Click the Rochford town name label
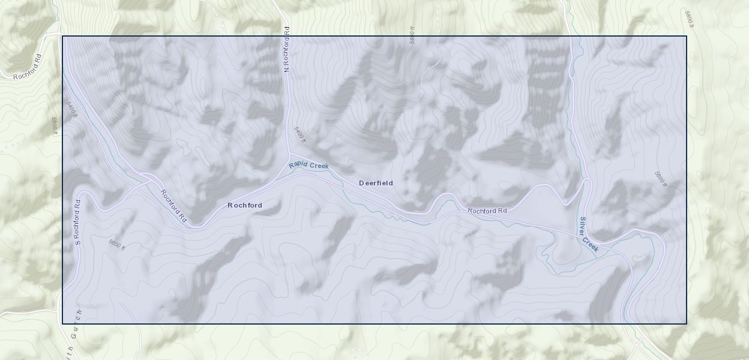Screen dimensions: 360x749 tap(244, 205)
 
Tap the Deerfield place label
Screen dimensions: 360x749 tap(376, 183)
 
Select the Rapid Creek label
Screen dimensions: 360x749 tap(308, 165)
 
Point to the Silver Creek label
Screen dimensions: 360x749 tap(588, 234)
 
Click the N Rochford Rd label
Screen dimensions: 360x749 tap(287, 50)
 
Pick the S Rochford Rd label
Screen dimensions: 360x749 tap(77, 221)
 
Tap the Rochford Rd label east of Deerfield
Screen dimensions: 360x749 tap(487, 211)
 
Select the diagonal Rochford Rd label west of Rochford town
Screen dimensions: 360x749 tap(173, 206)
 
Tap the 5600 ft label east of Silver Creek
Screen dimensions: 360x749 tap(660, 178)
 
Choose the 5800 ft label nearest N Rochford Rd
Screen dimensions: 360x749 tap(412, 35)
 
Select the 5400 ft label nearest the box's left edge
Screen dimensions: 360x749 tap(71, 110)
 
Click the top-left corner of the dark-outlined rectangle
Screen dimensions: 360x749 tap(63, 37)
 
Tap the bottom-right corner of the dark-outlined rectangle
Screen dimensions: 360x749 tap(686, 323)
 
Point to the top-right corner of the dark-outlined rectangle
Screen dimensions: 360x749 tap(686, 37)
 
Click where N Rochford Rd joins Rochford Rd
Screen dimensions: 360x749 tap(290, 154)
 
